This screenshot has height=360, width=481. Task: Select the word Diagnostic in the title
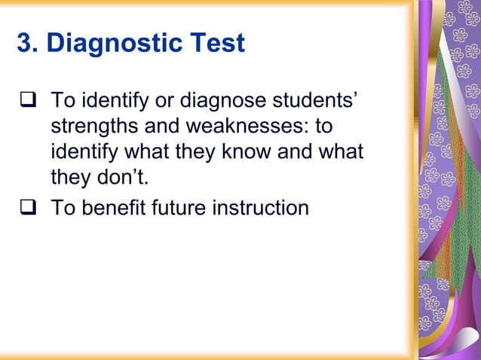coord(112,43)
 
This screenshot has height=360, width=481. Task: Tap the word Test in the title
coord(215,43)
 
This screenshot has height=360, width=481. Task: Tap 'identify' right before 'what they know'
coord(81,152)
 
